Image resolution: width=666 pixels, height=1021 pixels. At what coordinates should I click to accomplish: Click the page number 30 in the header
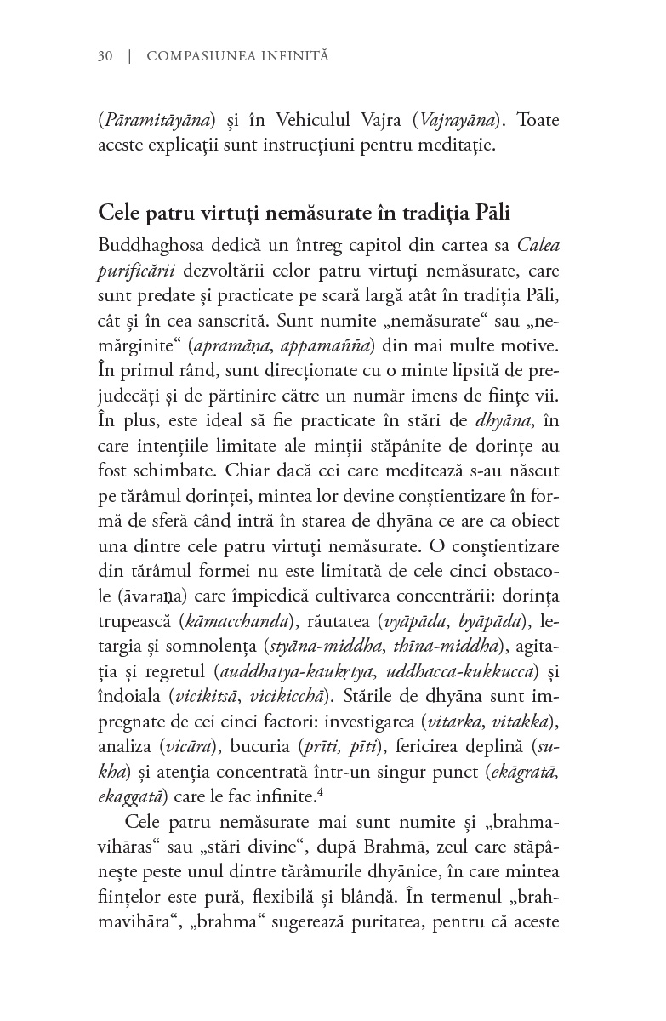(x=105, y=57)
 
